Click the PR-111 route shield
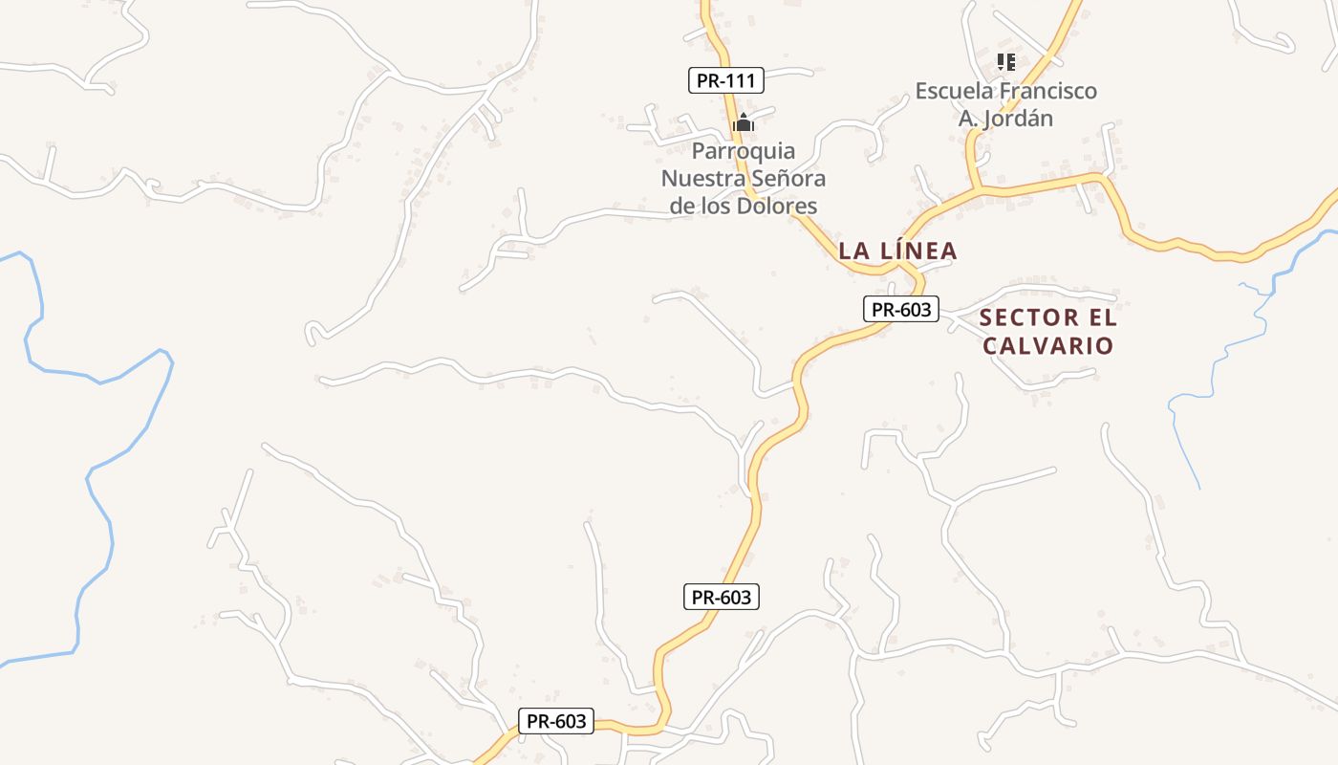[x=726, y=80]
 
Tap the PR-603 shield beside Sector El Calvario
[x=901, y=309]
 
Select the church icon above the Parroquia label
[x=744, y=122]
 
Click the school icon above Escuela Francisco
[x=1005, y=62]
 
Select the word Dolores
[x=778, y=206]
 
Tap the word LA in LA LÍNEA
[x=853, y=251]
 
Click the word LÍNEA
[x=917, y=251]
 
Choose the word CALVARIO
[x=1047, y=345]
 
